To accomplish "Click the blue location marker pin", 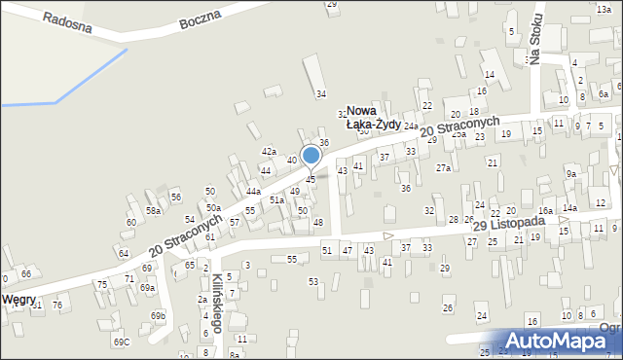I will pyautogui.click(x=311, y=156).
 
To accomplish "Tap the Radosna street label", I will pyautogui.click(x=67, y=22).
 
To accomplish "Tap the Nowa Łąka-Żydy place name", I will pyautogui.click(x=375, y=118).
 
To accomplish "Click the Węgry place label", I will pyautogui.click(x=19, y=299).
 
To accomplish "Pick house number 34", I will pyautogui.click(x=320, y=93).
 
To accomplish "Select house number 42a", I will pyautogui.click(x=268, y=151).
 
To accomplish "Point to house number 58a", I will pyautogui.click(x=153, y=210).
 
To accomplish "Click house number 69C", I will pyautogui.click(x=121, y=342).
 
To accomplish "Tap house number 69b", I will pyautogui.click(x=158, y=316).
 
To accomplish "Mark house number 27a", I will pyautogui.click(x=443, y=168).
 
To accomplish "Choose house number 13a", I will pyautogui.click(x=604, y=8).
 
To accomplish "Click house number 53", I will pyautogui.click(x=313, y=281).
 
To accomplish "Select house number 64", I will pyautogui.click(x=124, y=253).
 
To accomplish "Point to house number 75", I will pyautogui.click(x=101, y=284).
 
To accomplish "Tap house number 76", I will pyautogui.click(x=57, y=306).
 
